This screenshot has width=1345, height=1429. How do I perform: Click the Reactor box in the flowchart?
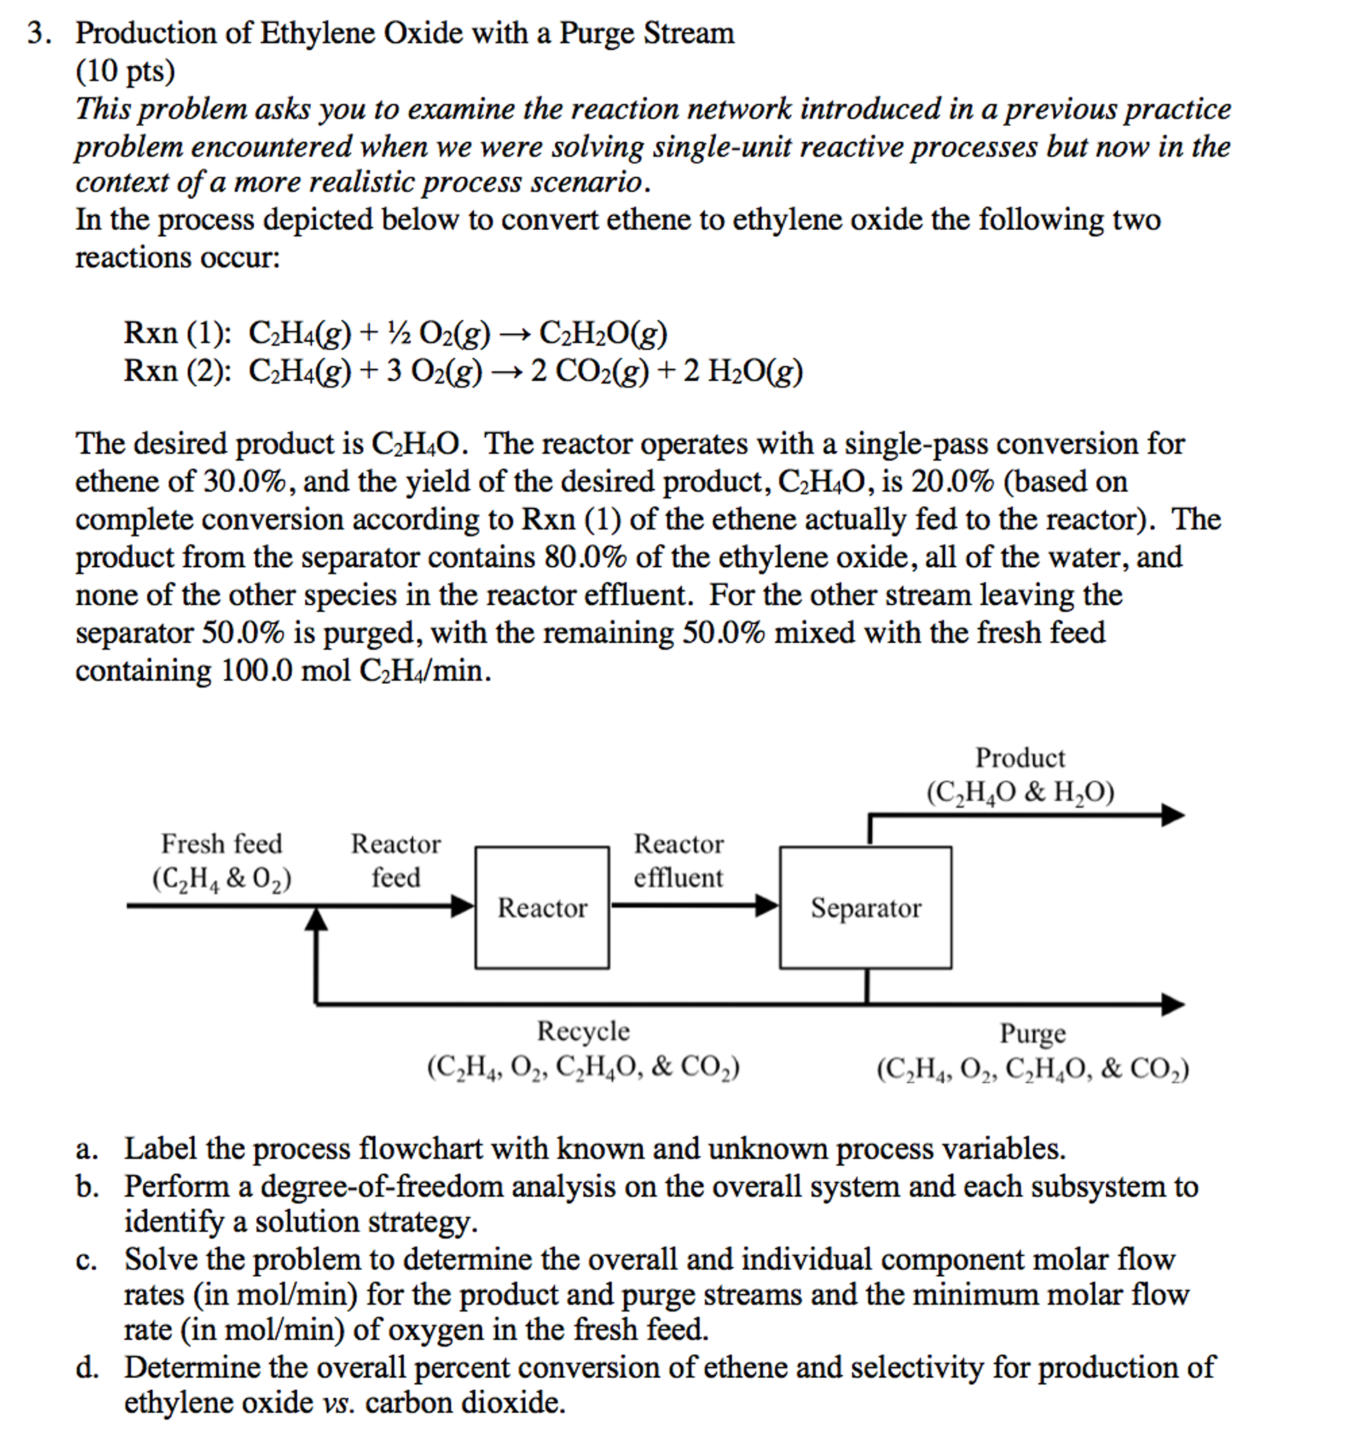tap(541, 907)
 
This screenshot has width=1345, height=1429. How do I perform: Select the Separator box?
tap(865, 907)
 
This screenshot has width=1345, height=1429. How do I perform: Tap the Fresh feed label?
tap(221, 844)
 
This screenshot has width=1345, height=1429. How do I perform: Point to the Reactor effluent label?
tap(678, 860)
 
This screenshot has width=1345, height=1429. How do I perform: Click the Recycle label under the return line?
tap(583, 1032)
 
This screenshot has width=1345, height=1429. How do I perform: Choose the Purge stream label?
tap(1032, 1034)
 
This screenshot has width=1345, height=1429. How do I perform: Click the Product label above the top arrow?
tap(1020, 758)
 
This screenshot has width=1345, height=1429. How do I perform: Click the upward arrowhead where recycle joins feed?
tap(316, 919)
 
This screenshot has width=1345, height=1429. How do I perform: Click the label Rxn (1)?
tap(177, 333)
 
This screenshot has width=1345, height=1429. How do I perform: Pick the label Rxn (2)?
tap(177, 371)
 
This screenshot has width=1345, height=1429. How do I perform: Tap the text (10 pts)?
tap(126, 71)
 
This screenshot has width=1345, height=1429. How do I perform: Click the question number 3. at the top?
tap(39, 34)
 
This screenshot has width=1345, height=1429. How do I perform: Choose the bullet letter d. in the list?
tap(87, 1367)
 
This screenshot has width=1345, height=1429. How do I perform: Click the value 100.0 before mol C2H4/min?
tap(256, 670)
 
